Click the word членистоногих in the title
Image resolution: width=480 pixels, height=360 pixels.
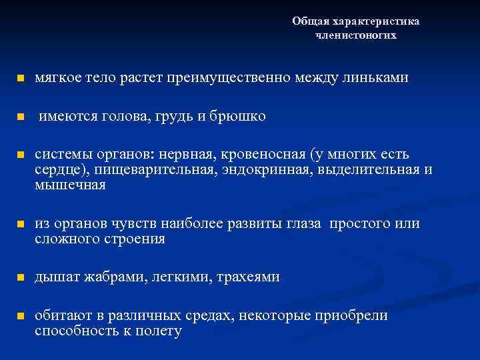click(355, 35)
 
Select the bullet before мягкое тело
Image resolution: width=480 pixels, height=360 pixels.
click(20, 79)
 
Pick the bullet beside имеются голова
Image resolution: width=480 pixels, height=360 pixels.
click(20, 117)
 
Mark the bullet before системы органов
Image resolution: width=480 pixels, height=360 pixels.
click(20, 155)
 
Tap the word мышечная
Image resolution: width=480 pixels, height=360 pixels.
click(70, 185)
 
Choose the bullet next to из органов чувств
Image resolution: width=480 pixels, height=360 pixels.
click(20, 224)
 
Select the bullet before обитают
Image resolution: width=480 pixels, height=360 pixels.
click(20, 316)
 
